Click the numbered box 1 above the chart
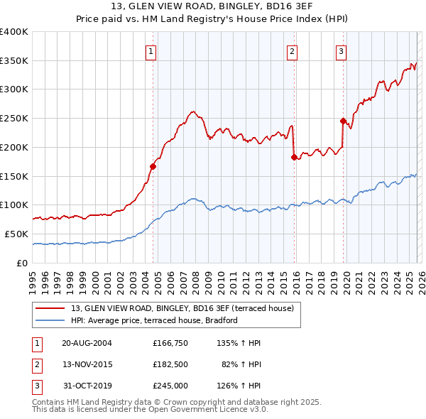click(152, 50)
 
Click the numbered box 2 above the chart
click(292, 50)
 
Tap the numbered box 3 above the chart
click(341, 50)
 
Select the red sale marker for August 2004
click(153, 166)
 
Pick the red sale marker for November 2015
click(293, 157)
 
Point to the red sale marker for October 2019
click(343, 121)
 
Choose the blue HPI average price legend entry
click(153, 321)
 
